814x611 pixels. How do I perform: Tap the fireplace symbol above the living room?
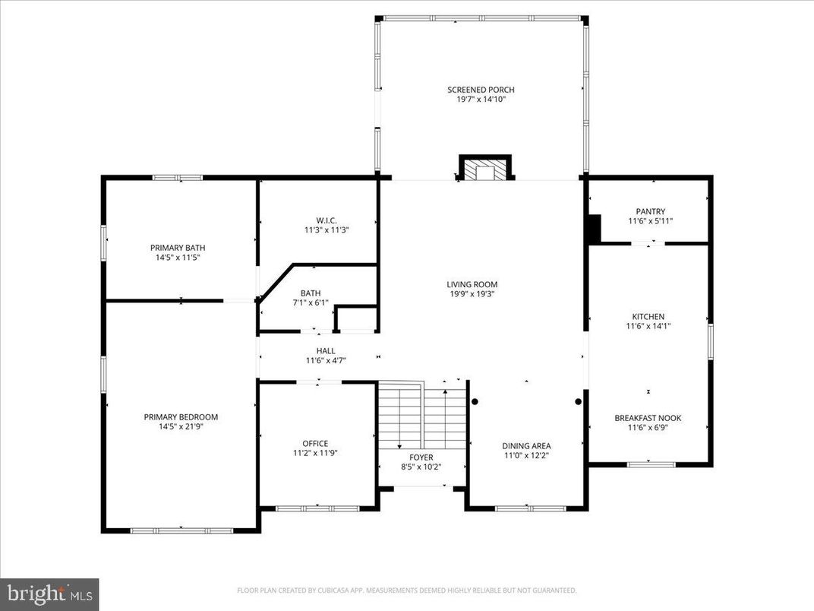point(484,169)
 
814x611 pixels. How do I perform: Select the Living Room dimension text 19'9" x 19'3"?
point(472,294)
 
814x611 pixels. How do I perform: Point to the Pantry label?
point(650,211)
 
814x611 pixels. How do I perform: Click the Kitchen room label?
point(648,316)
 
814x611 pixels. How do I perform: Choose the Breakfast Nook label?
point(648,418)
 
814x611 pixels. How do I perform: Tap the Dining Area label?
point(526,446)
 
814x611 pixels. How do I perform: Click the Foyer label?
point(421,457)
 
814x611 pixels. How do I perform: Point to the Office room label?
point(315,443)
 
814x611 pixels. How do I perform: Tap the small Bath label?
point(310,293)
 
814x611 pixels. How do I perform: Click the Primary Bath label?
point(178,248)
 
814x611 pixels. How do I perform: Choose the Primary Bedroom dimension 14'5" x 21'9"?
point(181,426)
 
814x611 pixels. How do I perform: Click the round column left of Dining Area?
point(475,401)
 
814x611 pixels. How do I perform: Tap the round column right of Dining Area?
point(578,401)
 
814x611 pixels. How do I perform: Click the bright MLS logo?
point(49,590)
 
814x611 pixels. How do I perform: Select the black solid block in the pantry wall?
point(595,228)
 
